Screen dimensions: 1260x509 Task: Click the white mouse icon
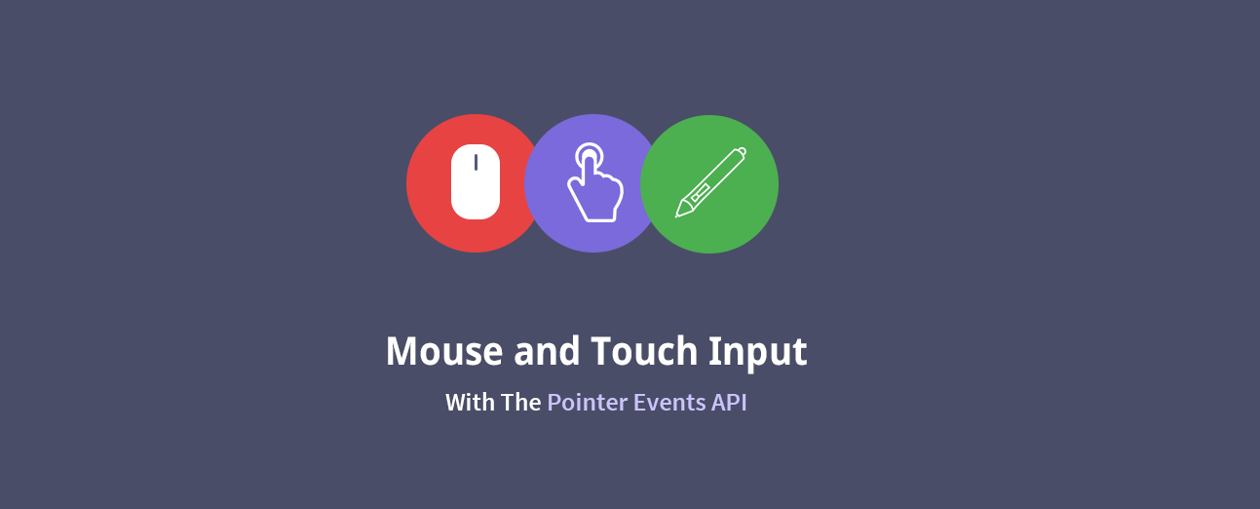tap(476, 182)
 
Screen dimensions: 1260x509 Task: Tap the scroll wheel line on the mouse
tap(476, 162)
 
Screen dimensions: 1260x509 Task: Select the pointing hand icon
tap(595, 182)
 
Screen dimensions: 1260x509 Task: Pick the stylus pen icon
tap(710, 182)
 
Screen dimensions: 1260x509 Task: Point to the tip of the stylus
tap(676, 215)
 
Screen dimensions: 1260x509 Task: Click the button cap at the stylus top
tap(742, 151)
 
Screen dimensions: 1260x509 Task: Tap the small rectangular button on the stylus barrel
tap(699, 192)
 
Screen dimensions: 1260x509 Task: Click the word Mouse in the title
tap(444, 351)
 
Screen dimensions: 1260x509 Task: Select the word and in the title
tap(547, 350)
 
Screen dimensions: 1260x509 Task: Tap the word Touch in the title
tap(645, 350)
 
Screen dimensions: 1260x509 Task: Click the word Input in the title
tap(758, 352)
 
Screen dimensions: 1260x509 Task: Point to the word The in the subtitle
tap(521, 403)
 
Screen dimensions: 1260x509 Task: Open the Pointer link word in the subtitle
tap(588, 403)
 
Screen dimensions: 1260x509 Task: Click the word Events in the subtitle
tap(669, 403)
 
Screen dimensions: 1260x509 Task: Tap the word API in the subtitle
tap(729, 403)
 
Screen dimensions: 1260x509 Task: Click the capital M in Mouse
tap(404, 351)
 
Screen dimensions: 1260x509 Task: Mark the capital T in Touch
tap(603, 351)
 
